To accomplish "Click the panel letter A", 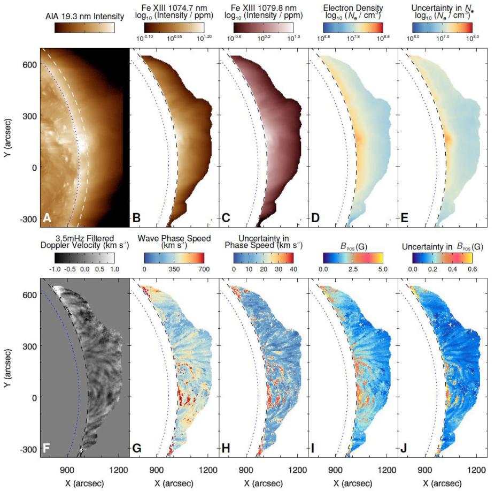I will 47,218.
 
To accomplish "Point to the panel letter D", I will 316,218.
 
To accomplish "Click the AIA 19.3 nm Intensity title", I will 85,17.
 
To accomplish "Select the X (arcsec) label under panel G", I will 174,482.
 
